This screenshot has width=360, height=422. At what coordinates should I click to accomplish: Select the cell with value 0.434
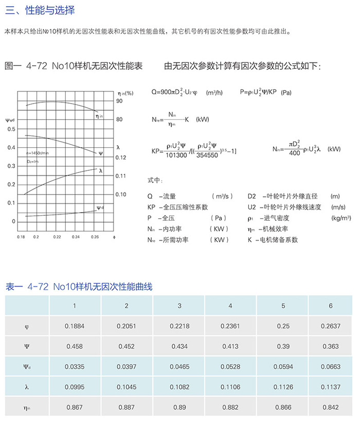pos(179,346)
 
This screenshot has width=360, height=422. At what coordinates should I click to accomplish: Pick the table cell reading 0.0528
pos(230,367)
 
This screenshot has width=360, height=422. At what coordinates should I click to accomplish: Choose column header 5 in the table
pos(283,306)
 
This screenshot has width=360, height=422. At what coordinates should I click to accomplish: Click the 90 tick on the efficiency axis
pos(119,101)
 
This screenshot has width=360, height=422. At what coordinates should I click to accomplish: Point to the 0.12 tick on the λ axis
pos(121,157)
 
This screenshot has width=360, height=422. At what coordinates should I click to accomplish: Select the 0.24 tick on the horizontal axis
pos(76,237)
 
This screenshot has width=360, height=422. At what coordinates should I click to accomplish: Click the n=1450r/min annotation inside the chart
pos(37,153)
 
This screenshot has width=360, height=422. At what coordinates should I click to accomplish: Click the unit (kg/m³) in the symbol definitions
pos(341,218)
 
